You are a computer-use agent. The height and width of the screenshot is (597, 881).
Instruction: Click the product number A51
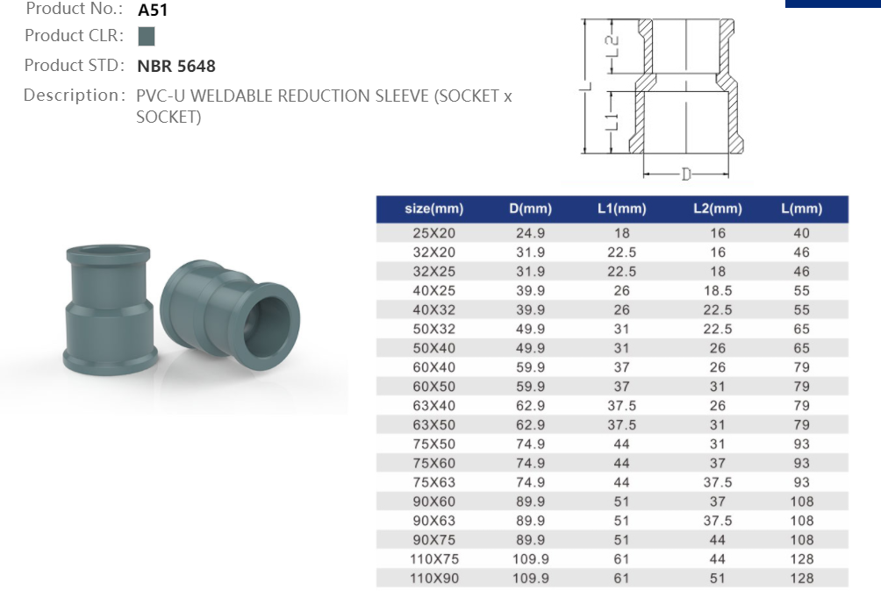point(153,11)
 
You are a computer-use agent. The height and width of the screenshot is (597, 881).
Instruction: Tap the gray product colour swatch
point(147,37)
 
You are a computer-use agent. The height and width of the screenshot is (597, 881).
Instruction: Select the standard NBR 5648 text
point(176,66)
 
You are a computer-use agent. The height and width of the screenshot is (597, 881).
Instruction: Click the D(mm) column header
point(530,209)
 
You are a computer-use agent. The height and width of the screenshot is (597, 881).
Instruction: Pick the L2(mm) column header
point(717,209)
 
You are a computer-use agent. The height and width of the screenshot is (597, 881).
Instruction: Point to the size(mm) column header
point(433,209)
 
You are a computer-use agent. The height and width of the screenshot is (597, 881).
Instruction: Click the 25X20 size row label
point(434,233)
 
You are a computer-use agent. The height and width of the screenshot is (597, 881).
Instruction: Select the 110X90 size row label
point(434,578)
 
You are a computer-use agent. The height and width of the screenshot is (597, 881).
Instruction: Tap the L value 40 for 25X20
point(801,233)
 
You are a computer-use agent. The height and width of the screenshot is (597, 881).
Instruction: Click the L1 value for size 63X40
point(621,405)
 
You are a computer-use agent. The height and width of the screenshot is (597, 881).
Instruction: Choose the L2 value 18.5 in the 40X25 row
point(717,290)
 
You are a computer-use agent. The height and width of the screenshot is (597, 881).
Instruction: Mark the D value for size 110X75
point(530,558)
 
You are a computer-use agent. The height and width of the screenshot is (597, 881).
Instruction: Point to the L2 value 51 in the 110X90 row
point(717,578)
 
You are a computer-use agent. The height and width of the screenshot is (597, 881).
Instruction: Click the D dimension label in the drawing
point(686,174)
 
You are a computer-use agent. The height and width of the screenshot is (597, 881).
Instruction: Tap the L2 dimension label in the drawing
point(614,43)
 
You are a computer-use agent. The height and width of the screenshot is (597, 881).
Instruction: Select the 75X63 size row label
point(434,482)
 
